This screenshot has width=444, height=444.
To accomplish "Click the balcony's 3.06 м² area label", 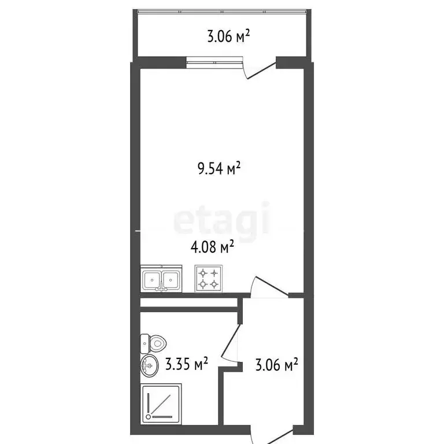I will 228,38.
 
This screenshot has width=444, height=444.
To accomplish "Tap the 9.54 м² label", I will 219,169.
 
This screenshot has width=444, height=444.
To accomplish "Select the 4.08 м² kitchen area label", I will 212,247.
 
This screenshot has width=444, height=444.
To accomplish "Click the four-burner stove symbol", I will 209,278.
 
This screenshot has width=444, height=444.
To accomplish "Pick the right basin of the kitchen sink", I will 171,280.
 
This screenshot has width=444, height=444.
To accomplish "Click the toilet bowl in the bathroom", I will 157,343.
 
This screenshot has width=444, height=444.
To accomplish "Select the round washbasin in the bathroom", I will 149,365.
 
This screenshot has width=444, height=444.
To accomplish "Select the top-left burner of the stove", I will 203,272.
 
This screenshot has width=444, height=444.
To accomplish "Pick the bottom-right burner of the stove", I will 214,284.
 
